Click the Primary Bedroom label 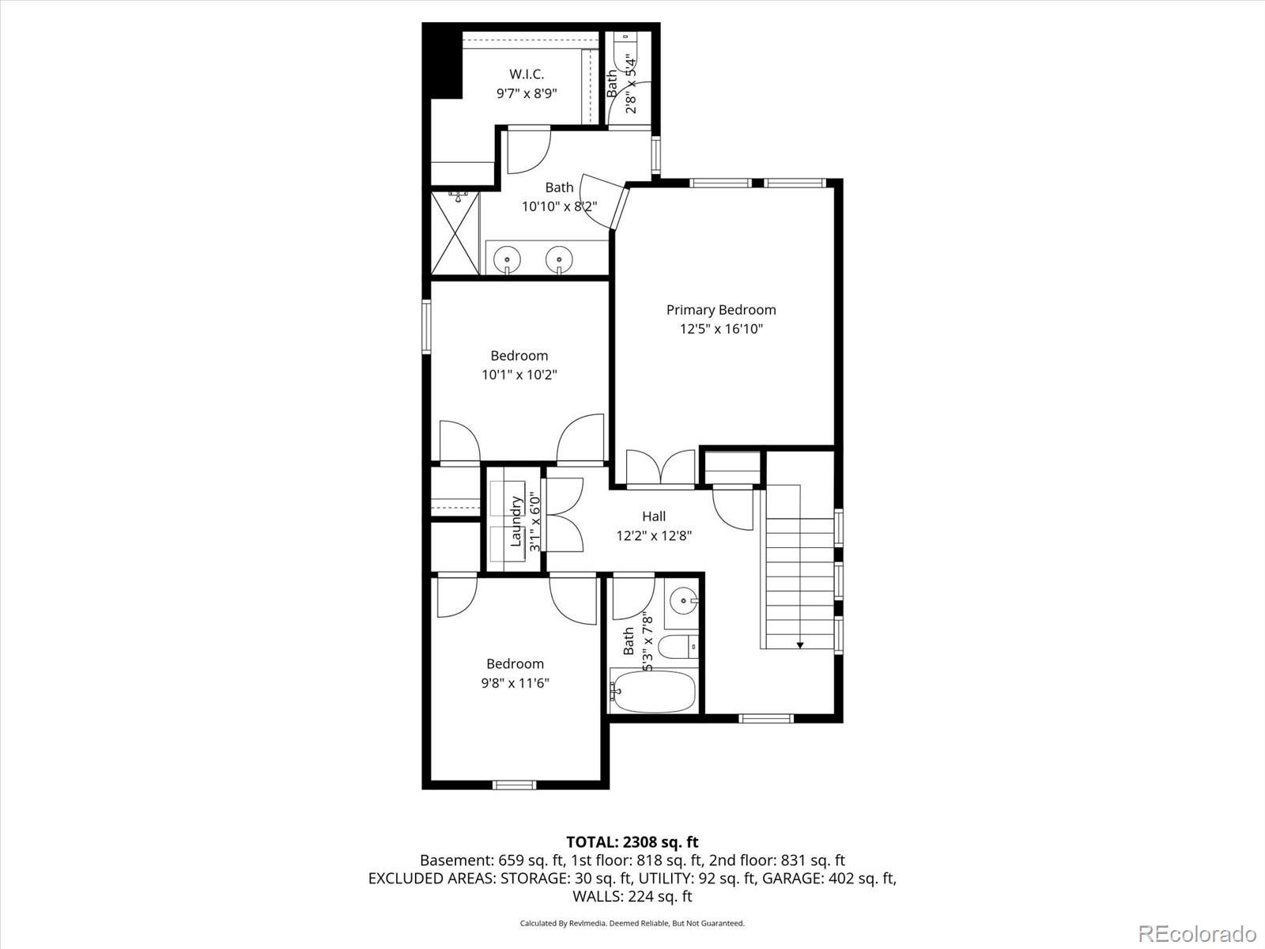(721, 310)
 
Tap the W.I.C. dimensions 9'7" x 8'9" (527, 93)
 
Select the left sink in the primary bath (507, 259)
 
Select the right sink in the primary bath (559, 259)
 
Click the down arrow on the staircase (799, 645)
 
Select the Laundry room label (516, 521)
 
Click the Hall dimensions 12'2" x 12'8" (654, 535)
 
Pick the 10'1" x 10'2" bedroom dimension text (519, 375)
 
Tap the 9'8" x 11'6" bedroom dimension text (515, 683)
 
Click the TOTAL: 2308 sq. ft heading (632, 842)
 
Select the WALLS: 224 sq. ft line (632, 896)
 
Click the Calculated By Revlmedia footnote (632, 923)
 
